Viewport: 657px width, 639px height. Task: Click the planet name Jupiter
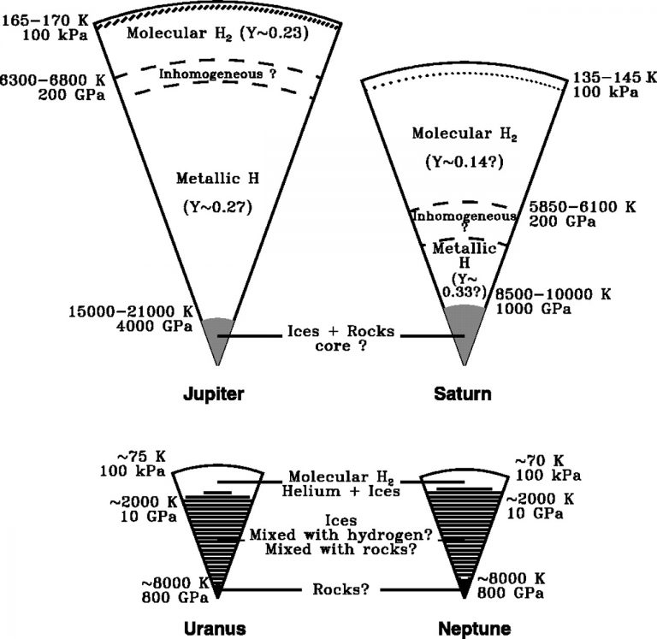tap(216, 394)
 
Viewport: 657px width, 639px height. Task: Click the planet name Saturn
tap(462, 394)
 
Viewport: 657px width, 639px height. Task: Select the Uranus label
tap(216, 628)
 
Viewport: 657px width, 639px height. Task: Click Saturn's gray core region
tap(465, 325)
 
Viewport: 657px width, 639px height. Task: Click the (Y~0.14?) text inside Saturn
tap(463, 160)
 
